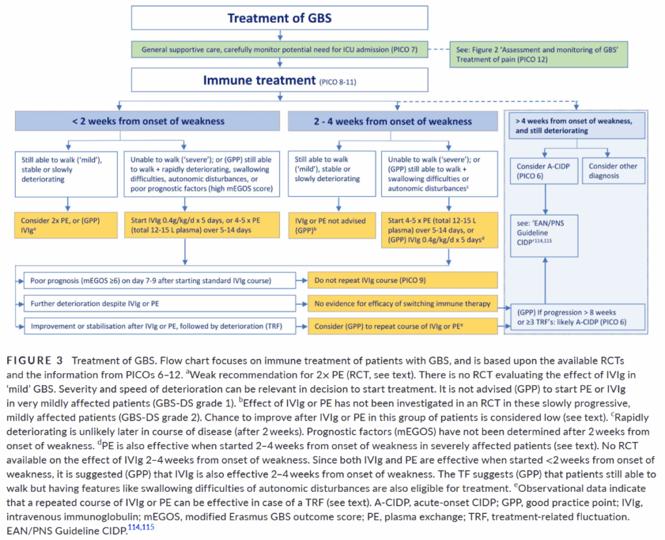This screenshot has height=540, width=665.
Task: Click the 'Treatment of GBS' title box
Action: click(279, 18)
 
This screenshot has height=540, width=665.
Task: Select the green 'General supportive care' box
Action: click(279, 49)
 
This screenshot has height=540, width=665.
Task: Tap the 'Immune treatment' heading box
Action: click(279, 80)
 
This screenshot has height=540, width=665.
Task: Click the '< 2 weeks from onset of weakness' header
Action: click(147, 121)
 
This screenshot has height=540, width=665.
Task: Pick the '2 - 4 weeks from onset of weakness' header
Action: click(393, 121)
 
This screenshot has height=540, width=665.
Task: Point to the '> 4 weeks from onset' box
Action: click(577, 125)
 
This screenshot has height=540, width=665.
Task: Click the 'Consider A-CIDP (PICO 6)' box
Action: click(544, 171)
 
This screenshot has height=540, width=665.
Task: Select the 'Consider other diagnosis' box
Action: click(614, 171)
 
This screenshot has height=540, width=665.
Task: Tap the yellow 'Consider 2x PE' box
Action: click(66, 225)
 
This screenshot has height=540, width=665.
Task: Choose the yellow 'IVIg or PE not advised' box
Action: click(332, 225)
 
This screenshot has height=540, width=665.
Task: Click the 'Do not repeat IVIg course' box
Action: click(403, 280)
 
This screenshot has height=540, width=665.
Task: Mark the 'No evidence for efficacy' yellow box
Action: click(403, 304)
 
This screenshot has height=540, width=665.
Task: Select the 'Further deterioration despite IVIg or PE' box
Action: click(160, 304)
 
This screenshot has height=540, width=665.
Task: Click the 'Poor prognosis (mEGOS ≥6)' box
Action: click(160, 280)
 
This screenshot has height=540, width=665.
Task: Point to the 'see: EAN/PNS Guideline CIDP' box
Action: click(544, 236)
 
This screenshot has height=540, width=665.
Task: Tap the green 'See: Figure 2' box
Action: click(538, 55)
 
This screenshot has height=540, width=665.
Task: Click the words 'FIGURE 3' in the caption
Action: click(34, 361)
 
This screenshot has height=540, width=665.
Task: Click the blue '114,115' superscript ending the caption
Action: click(141, 527)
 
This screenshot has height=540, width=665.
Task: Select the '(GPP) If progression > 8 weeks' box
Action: click(578, 317)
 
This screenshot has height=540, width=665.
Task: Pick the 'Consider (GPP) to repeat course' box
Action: click(403, 326)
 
